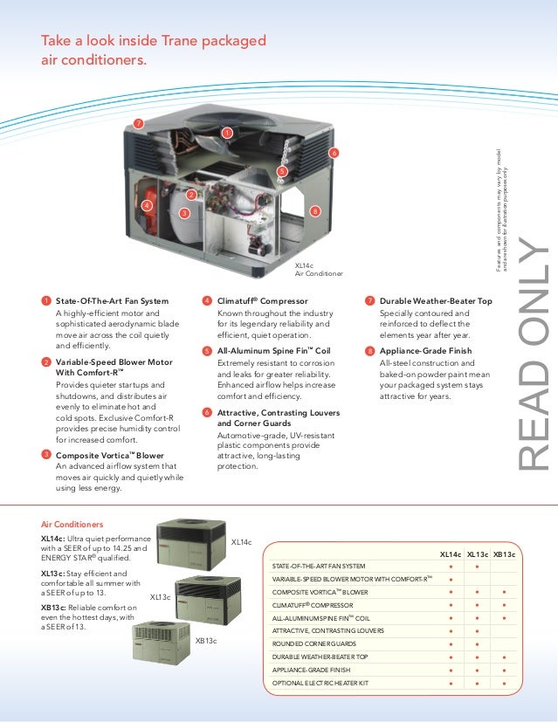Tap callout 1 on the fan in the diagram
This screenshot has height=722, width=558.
(x=226, y=133)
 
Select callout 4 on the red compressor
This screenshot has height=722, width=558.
(x=147, y=205)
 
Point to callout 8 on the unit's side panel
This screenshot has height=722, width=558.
(x=314, y=210)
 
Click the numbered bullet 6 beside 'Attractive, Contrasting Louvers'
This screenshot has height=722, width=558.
(x=206, y=411)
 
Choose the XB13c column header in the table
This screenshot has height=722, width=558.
(x=505, y=554)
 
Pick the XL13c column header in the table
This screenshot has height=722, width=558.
(x=477, y=554)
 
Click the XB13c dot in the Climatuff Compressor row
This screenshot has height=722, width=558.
(x=505, y=604)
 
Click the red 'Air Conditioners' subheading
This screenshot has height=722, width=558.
(x=72, y=524)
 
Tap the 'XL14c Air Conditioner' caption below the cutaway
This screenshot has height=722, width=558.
(x=319, y=270)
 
